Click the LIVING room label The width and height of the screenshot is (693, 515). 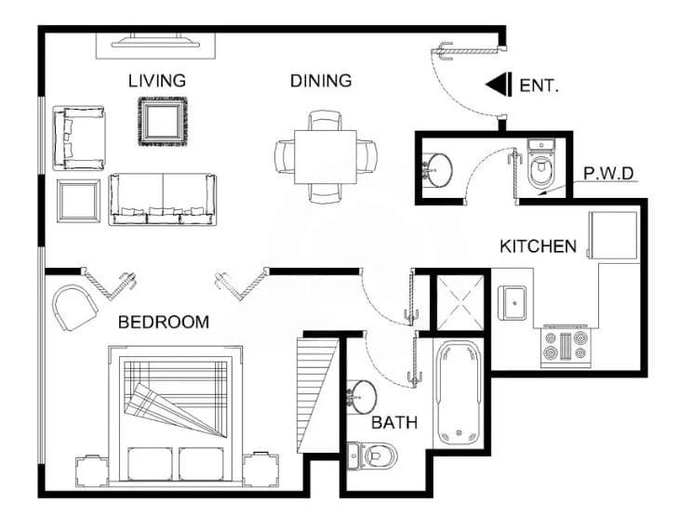pyautogui.click(x=157, y=81)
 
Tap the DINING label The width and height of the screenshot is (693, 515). pyautogui.click(x=321, y=81)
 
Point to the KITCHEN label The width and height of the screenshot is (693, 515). pyautogui.click(x=538, y=246)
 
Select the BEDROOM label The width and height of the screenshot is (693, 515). pyautogui.click(x=164, y=322)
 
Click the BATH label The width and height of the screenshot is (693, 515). pyautogui.click(x=394, y=423)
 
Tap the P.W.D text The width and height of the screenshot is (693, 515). pyautogui.click(x=608, y=173)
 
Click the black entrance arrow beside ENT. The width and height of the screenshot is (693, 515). pyautogui.click(x=499, y=84)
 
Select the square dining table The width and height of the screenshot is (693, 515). pyautogui.click(x=326, y=157)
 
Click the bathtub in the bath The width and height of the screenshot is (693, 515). pyautogui.click(x=459, y=393)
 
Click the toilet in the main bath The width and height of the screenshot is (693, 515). pyautogui.click(x=371, y=456)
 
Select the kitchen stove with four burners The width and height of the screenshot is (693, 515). pyautogui.click(x=566, y=346)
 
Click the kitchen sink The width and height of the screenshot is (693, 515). pyautogui.click(x=513, y=302)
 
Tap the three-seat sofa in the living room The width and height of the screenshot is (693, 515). pyautogui.click(x=163, y=199)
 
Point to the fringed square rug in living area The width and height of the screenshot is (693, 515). pyautogui.click(x=163, y=122)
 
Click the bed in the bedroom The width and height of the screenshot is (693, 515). pyautogui.click(x=176, y=416)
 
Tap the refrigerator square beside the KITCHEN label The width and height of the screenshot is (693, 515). pyautogui.click(x=612, y=235)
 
